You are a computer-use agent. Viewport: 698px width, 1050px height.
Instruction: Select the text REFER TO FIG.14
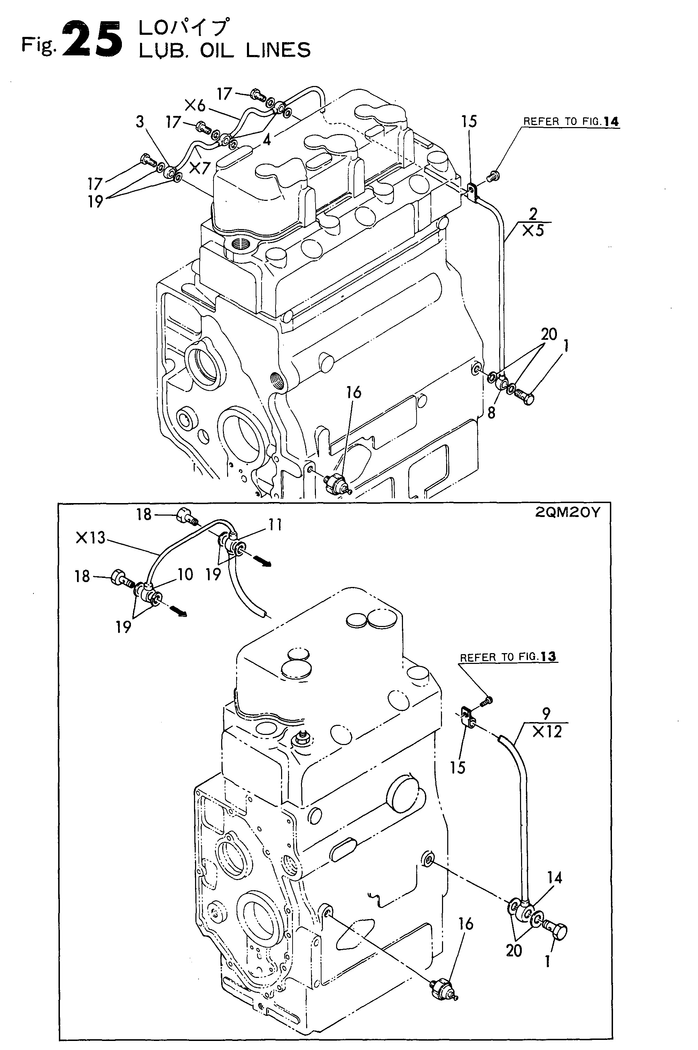pos(571,122)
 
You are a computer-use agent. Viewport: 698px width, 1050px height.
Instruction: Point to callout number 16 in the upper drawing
pos(354,392)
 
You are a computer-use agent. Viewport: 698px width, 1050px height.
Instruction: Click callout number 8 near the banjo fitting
pos(491,413)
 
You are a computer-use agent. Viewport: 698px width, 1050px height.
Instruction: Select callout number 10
pos(185,574)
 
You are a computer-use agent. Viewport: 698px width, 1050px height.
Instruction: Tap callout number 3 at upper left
pos(140,122)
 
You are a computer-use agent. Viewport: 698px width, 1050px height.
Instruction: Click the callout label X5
pos(533,230)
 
